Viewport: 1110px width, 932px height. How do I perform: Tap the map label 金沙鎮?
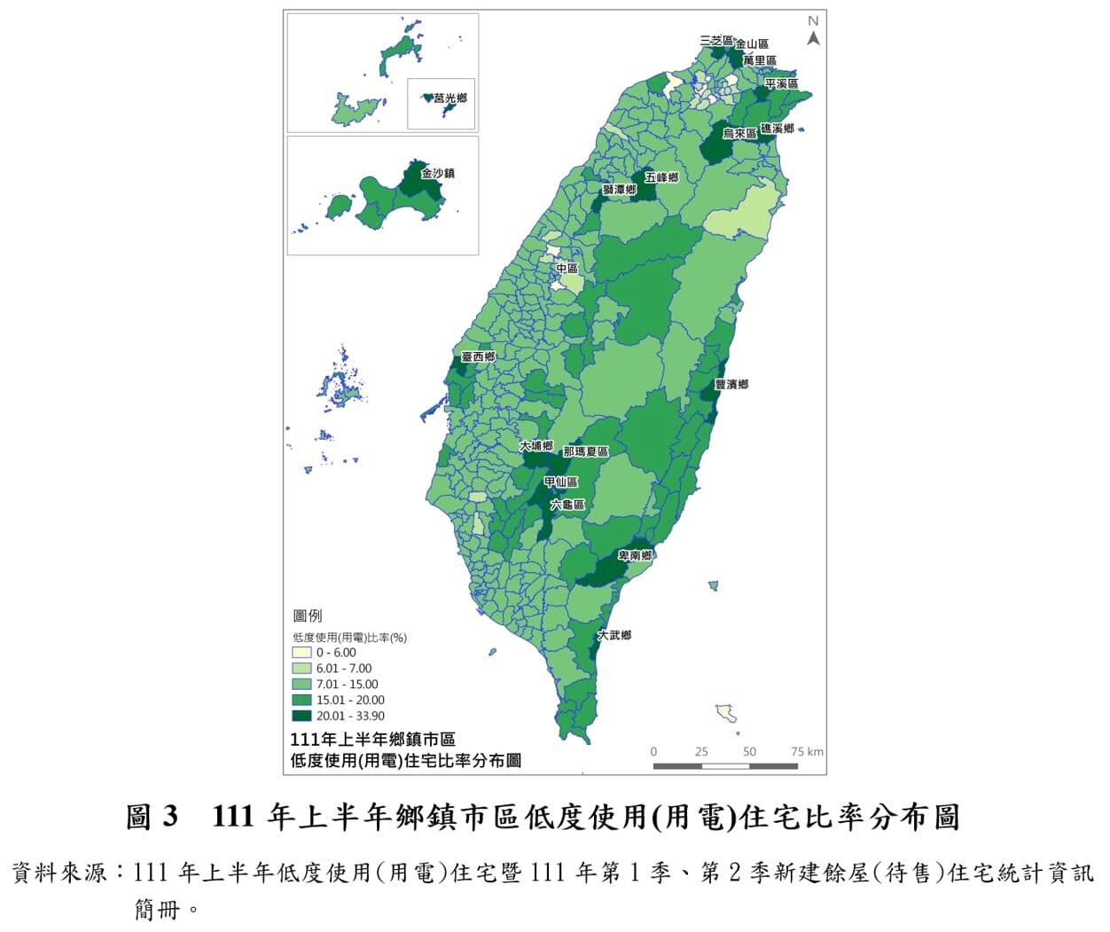[438, 174]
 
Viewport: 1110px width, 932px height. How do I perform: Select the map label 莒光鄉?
[450, 99]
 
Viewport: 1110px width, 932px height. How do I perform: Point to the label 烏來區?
[739, 133]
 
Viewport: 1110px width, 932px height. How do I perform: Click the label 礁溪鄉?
[777, 129]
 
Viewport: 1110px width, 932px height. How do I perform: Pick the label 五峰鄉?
[661, 177]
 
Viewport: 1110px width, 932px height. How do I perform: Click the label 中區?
[567, 268]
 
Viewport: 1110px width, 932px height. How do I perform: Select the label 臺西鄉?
[478, 356]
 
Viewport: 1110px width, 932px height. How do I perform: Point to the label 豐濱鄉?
[731, 384]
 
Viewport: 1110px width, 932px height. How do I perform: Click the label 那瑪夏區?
[586, 451]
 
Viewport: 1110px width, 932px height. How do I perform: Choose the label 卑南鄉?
[635, 555]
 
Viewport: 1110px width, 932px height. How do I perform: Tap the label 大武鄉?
[614, 635]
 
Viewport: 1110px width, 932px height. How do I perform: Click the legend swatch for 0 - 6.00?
[301, 653]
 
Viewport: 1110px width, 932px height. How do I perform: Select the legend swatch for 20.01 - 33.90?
[301, 716]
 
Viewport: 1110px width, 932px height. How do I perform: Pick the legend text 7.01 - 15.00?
[347, 685]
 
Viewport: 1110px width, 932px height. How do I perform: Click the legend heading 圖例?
[307, 616]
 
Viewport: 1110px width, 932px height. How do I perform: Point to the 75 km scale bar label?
[807, 752]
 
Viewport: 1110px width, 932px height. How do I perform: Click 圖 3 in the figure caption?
[152, 817]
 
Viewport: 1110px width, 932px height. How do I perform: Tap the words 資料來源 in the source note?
[61, 873]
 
